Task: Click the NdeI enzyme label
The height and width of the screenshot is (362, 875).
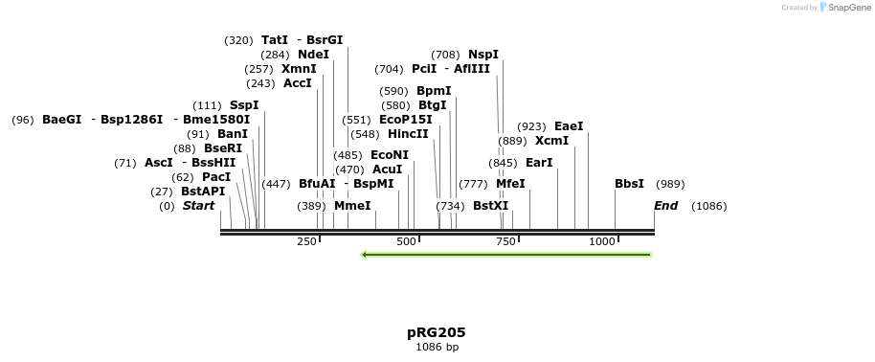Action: (x=313, y=55)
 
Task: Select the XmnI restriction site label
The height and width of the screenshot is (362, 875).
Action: (x=299, y=69)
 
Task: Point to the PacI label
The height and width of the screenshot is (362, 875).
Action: (x=216, y=177)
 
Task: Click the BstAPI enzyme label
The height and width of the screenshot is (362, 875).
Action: (x=203, y=192)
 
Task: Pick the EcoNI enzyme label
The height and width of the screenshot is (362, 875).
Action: (x=390, y=155)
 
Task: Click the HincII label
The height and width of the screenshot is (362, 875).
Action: (x=408, y=134)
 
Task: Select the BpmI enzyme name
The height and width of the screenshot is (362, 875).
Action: (x=434, y=91)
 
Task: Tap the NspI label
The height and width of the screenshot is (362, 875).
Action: (x=483, y=55)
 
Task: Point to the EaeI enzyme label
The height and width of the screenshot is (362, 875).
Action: (x=569, y=126)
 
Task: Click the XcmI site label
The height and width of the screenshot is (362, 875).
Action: (x=551, y=141)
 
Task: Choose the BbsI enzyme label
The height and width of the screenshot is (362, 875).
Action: (x=629, y=184)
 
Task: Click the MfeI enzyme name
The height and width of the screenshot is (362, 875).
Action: (x=510, y=184)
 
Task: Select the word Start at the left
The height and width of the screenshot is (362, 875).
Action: (x=198, y=206)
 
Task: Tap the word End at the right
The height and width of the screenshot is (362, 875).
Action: (x=665, y=206)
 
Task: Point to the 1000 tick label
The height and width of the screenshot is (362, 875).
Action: (x=602, y=242)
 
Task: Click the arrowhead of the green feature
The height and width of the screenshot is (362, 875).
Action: (x=366, y=255)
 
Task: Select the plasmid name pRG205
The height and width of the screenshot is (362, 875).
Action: (x=437, y=332)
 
